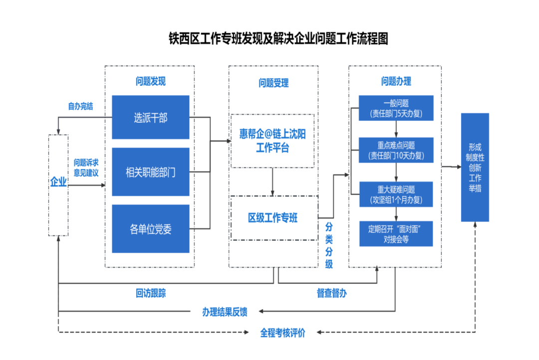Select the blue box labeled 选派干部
151,118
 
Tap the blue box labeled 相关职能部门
151,172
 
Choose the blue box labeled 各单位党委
151,229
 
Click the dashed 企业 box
58,184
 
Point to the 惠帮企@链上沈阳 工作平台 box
272,141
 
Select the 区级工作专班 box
273,218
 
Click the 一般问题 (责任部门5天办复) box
396,108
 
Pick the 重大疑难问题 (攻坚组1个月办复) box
396,194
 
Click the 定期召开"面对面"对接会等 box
396,233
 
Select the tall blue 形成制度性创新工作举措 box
475,168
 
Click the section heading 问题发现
150,82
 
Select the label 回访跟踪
151,293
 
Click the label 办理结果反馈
225,312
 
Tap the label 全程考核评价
282,333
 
